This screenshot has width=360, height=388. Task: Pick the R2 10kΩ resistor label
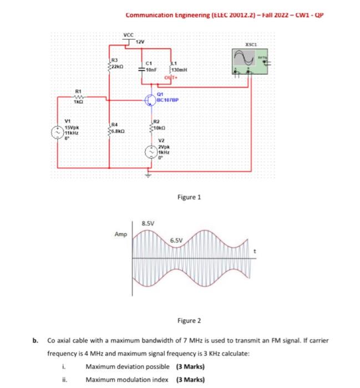(x=159, y=124)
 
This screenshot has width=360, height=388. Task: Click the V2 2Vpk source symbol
(x=149, y=151)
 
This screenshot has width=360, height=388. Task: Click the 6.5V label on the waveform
(x=177, y=240)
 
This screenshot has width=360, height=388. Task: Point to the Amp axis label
(x=120, y=234)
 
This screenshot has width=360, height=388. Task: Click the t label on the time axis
(x=255, y=252)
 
